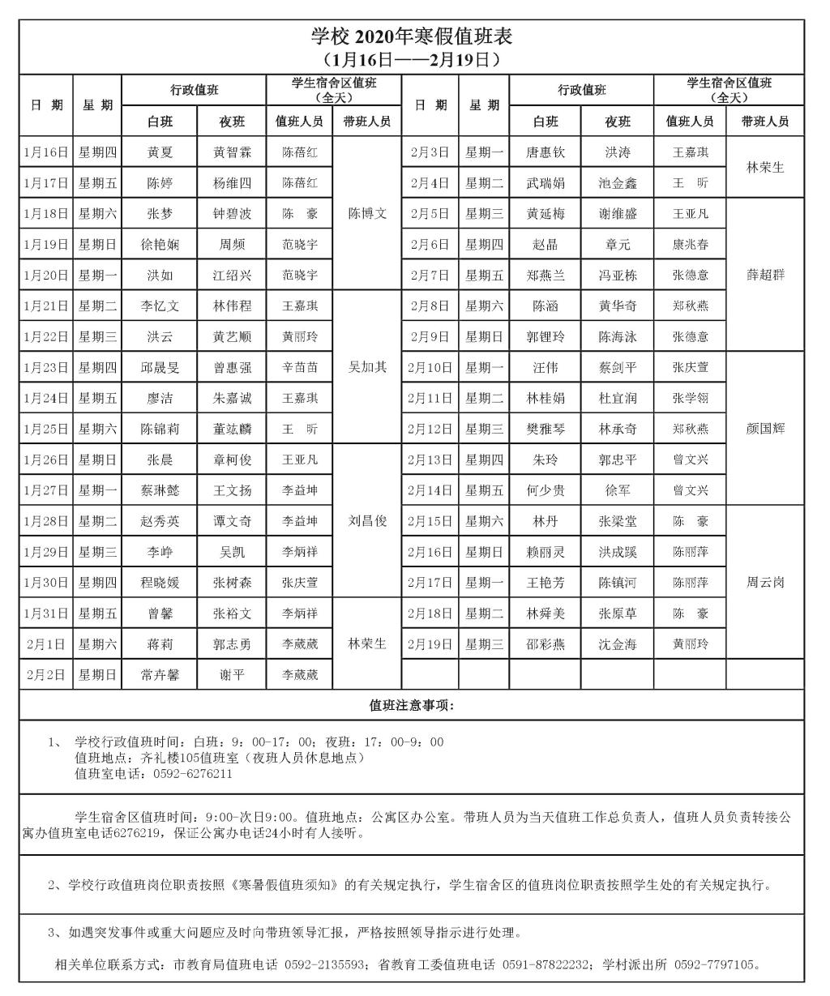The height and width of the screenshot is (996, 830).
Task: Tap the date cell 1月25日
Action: tap(45, 429)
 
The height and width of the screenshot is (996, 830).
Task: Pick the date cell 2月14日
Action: tap(430, 490)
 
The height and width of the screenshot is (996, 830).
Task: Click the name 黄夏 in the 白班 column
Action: tap(160, 152)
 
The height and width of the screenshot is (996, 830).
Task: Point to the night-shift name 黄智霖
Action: tap(232, 152)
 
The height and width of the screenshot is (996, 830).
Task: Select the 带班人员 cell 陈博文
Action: tap(367, 214)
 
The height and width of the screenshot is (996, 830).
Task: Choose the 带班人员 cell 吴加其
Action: tap(367, 367)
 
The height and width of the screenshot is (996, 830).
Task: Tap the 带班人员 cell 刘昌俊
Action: tap(367, 521)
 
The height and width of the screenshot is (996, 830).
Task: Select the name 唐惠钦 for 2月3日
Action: tap(545, 152)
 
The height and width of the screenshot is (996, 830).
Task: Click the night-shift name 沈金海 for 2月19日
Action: tap(618, 644)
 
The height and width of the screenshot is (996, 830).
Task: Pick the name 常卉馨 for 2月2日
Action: tap(160, 674)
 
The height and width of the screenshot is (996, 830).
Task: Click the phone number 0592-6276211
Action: tap(193, 774)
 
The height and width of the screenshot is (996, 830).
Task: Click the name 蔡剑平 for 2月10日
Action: tap(618, 368)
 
